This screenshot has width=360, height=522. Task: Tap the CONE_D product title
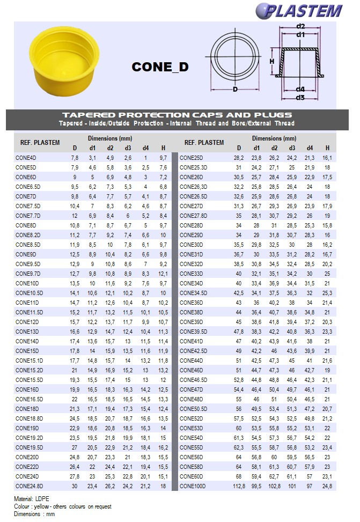[x=160, y=67]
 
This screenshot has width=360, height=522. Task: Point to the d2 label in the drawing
[x=300, y=26]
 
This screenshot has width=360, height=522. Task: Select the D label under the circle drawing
[x=235, y=89]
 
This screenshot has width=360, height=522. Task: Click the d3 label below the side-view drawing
[x=300, y=97]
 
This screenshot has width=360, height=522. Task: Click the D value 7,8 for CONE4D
[x=75, y=158]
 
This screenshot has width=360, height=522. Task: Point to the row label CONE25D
[x=191, y=158]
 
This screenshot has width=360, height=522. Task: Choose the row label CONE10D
[x=27, y=283]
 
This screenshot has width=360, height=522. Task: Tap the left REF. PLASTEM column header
[x=40, y=143]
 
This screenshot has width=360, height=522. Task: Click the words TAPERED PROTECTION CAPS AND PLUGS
[x=177, y=115]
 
